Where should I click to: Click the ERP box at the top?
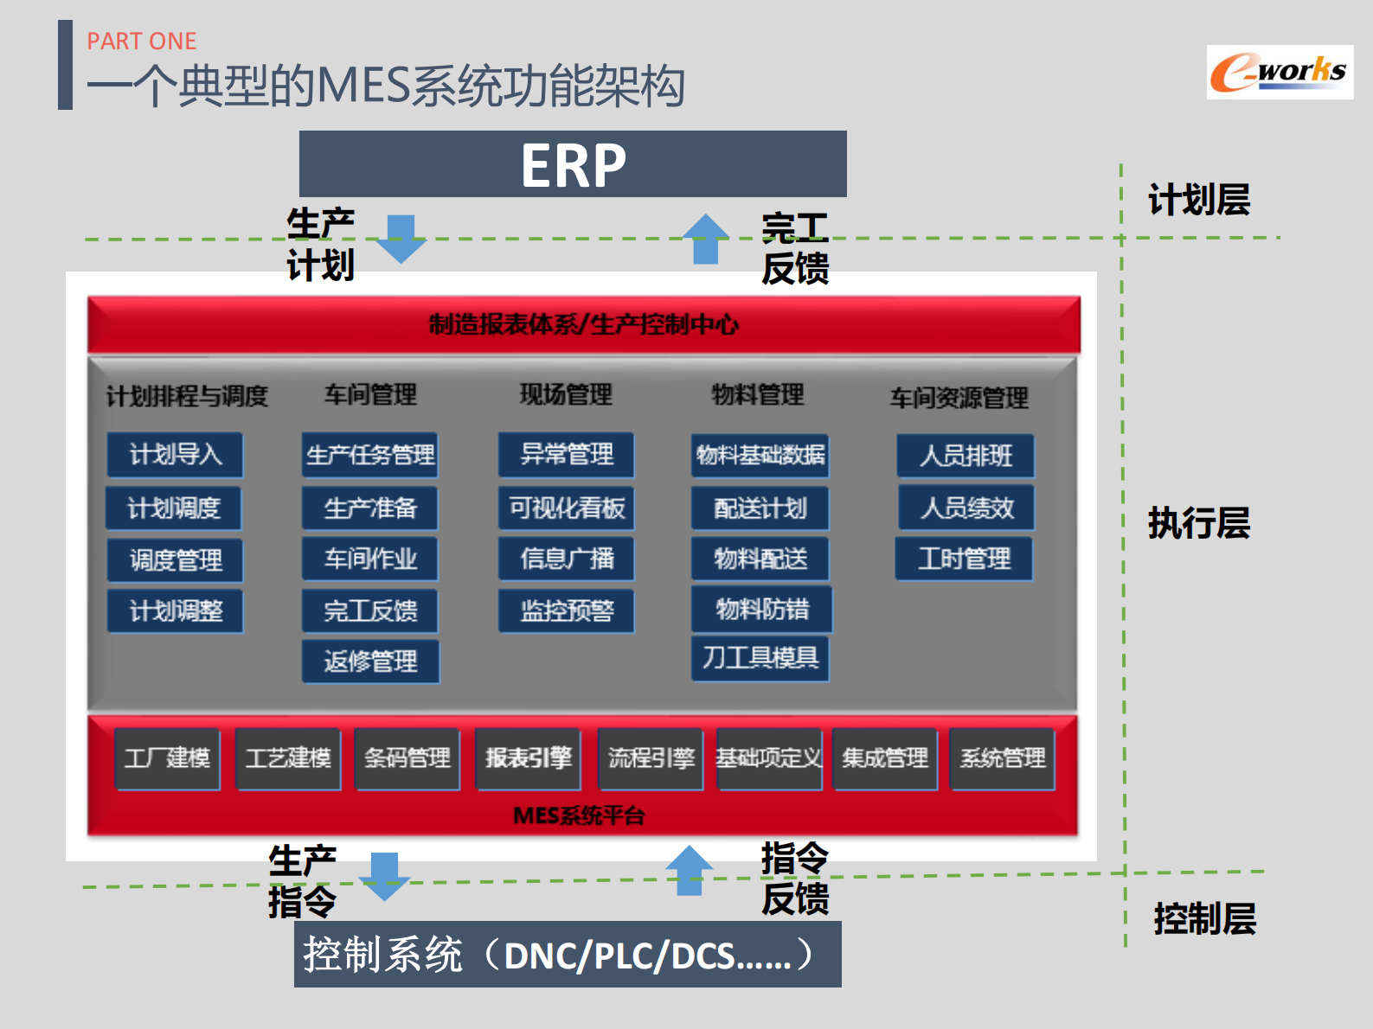point(573,164)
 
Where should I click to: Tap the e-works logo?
point(1280,73)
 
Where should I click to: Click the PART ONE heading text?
point(142,41)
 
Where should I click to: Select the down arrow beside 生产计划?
point(401,239)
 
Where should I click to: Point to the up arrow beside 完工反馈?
point(706,239)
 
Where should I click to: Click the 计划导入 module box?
point(176,455)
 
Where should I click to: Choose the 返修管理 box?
point(370,661)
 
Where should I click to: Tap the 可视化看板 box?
point(567,508)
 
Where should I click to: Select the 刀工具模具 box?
point(760,659)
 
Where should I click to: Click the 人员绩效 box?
point(966,508)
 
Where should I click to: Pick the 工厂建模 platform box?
point(168,759)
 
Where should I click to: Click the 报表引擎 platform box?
point(528,759)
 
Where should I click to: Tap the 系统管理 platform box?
point(1003,759)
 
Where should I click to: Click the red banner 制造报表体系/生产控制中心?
point(584,324)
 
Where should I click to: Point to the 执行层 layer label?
point(1199,523)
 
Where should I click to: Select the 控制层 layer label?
point(1204,918)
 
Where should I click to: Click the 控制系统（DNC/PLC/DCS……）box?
point(568,955)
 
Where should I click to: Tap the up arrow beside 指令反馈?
point(689,870)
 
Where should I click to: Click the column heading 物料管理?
point(758,394)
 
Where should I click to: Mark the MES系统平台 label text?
point(579,815)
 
